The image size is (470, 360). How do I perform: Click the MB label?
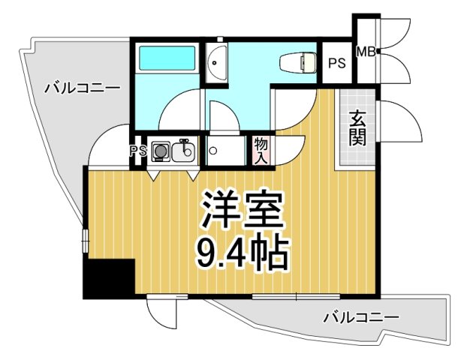click(x=366, y=52)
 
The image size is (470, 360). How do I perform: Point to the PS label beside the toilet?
click(x=336, y=63)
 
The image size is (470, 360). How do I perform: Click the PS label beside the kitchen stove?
click(x=138, y=151)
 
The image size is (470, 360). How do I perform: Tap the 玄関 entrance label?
click(x=356, y=128)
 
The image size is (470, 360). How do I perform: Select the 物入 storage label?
click(x=261, y=150)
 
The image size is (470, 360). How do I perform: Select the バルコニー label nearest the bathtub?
click(x=81, y=88)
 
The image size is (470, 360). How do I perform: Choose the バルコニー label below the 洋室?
click(x=361, y=318)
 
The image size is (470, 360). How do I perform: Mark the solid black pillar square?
click(x=108, y=278)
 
